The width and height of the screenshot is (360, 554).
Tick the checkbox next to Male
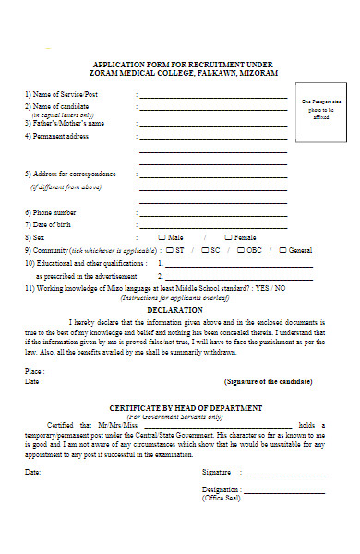pos(162,236)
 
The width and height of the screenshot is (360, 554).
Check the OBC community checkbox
pos(240,249)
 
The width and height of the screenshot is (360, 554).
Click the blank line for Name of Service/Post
pos(211,96)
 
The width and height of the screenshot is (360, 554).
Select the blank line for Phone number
pos(211,213)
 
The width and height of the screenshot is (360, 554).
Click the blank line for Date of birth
pos(211,225)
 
